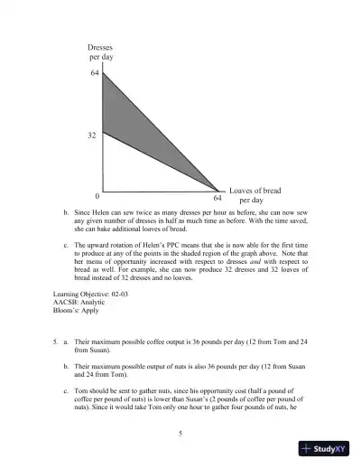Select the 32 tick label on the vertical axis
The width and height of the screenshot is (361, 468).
click(92, 135)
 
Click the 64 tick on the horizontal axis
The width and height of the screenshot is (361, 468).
click(218, 196)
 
